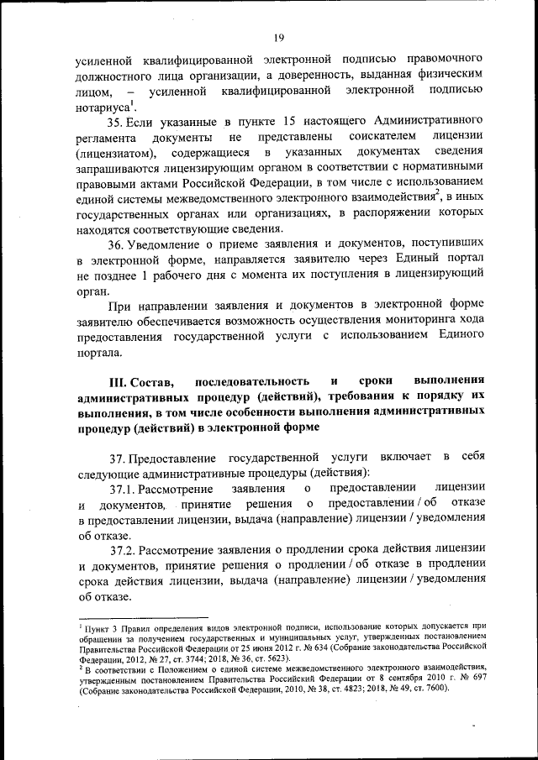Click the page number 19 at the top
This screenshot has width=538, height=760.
278,36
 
